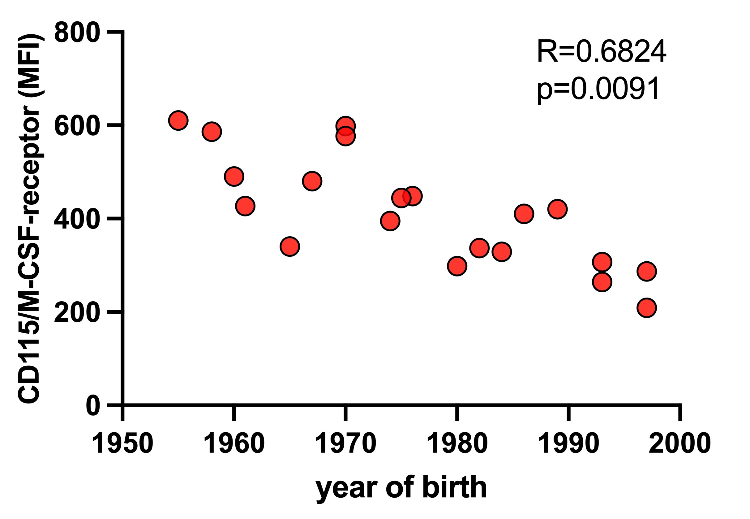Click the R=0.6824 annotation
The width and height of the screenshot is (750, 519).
(601, 52)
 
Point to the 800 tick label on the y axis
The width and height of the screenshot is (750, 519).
(77, 33)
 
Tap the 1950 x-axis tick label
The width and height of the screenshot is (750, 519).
(122, 443)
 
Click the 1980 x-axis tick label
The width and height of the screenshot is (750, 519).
(457, 443)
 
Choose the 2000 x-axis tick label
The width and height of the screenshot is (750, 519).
(680, 443)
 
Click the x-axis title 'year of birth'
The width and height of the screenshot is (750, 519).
(401, 487)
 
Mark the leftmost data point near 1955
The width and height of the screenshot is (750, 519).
(178, 120)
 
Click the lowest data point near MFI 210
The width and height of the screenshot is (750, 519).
(647, 307)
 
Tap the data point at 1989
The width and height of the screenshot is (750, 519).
(557, 209)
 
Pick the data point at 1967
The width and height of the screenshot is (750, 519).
(312, 181)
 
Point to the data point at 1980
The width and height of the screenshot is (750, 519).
(457, 266)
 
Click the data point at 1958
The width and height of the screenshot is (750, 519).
(212, 132)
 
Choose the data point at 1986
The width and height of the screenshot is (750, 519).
(524, 214)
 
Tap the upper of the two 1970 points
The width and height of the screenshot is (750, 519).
(345, 125)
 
